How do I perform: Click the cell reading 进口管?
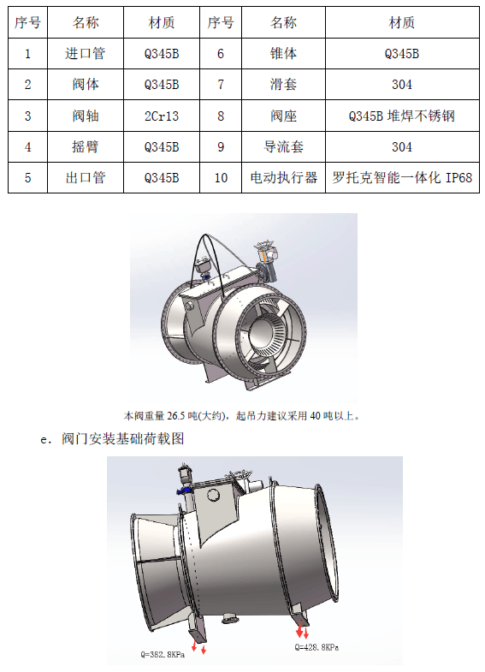86,54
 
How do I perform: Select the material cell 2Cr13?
162,116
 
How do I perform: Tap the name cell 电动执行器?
283,177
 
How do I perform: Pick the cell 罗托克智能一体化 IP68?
402,177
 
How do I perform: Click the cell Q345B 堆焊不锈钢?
402,116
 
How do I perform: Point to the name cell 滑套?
283,85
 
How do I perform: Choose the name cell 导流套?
283,147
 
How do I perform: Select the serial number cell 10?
221,177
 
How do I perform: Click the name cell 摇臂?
86,147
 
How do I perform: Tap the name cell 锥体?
283,54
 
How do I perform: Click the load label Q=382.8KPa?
163,654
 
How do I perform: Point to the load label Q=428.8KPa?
316,647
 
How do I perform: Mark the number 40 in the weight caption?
315,416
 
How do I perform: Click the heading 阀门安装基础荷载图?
123,438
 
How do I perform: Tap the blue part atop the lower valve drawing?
185,491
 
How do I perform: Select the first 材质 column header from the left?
162,22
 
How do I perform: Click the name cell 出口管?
86,177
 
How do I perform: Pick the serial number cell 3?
28,116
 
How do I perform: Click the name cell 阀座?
283,116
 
